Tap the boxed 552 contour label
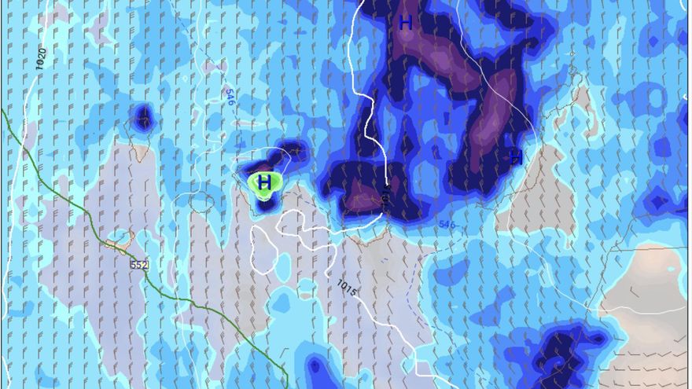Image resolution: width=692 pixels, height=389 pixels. (x=140, y=265)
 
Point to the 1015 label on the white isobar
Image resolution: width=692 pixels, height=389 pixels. (x=347, y=288)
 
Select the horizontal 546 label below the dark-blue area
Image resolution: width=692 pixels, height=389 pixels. (x=447, y=225)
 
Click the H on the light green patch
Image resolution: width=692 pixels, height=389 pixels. (x=265, y=183)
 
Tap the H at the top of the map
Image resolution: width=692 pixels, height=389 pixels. (x=405, y=23)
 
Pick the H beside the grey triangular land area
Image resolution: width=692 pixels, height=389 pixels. (x=516, y=157)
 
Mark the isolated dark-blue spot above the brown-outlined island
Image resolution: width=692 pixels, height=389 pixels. (x=143, y=118)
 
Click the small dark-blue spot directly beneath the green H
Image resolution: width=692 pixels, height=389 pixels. (x=265, y=205)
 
